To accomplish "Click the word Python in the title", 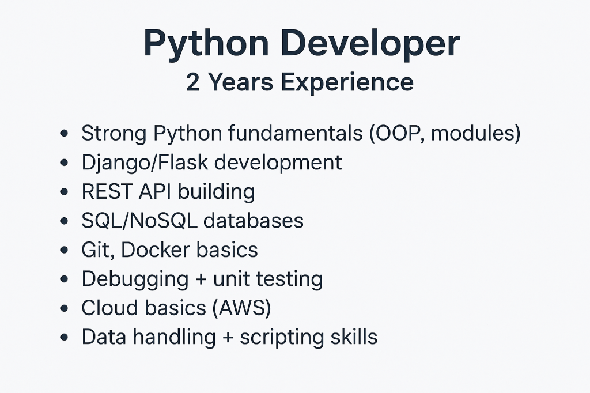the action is [206, 44].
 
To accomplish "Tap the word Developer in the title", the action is [370, 44].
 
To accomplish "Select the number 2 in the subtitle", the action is [192, 82].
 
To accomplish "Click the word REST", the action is [107, 192].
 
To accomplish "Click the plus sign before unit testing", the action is [201, 280].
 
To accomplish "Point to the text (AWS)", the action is [241, 308].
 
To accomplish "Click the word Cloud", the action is [110, 308].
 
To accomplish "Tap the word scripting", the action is [282, 338].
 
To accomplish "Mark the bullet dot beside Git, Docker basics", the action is [65, 250].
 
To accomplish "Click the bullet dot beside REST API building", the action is [65, 192].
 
